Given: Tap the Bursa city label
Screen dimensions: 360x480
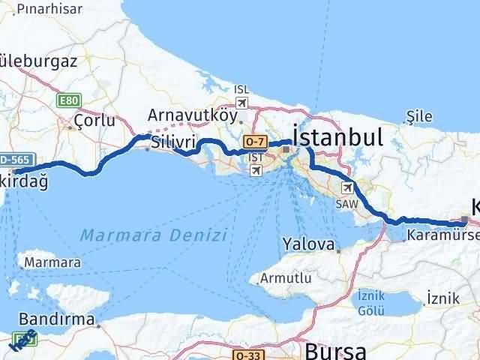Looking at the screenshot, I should tap(335, 349).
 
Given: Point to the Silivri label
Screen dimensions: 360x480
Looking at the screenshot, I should tap(173, 142).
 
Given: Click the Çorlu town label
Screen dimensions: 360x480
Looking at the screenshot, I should tap(94, 120).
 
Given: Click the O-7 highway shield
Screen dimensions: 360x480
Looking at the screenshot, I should tap(254, 140).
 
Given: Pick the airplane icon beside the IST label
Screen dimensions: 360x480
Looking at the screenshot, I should tap(256, 170).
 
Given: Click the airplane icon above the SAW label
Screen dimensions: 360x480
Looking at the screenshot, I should tap(347, 187).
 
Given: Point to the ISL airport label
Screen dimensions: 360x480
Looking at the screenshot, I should tap(241, 89).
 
